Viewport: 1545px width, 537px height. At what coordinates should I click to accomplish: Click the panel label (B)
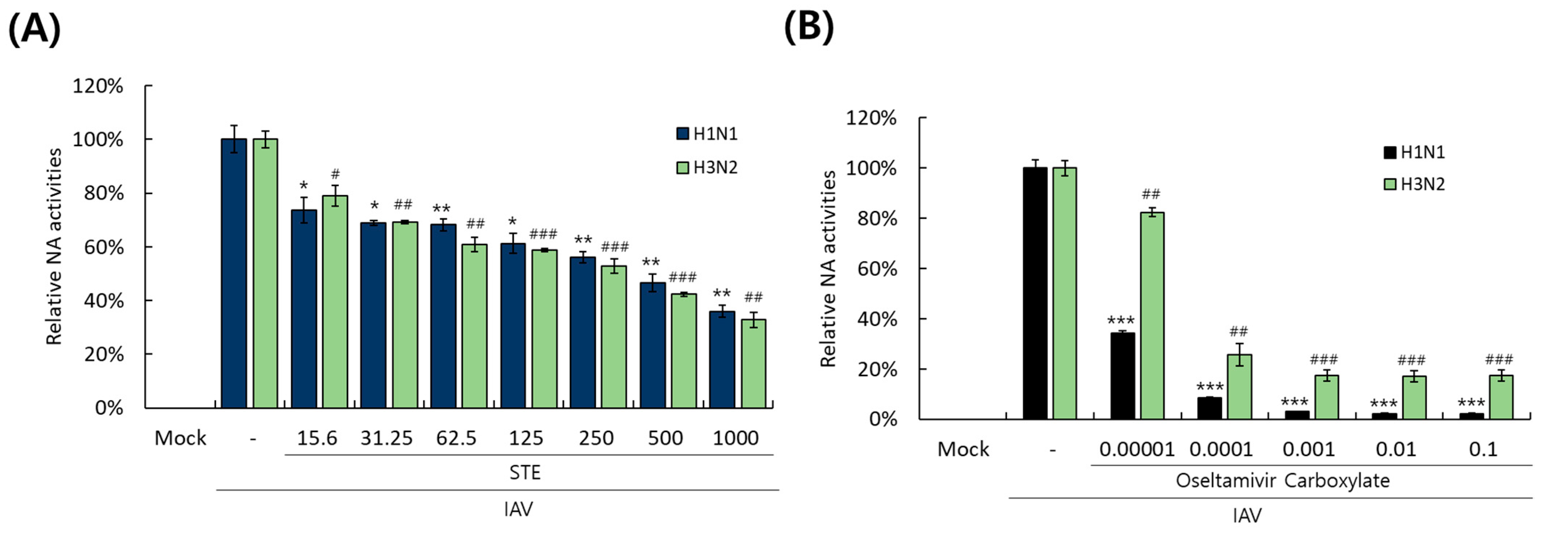(809, 27)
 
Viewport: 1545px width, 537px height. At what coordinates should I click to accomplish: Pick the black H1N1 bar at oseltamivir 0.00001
(1122, 375)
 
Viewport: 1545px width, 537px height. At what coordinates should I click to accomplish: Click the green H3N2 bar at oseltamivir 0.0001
(1239, 387)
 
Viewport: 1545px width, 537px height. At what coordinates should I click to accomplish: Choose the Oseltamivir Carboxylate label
(1282, 481)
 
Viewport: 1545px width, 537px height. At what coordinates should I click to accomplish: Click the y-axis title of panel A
(54, 246)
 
